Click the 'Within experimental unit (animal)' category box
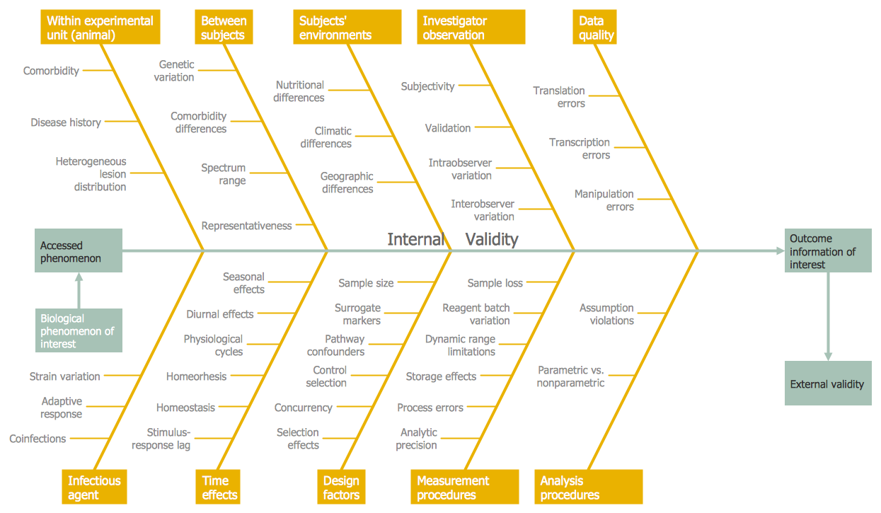click(100, 28)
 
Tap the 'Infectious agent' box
click(94, 488)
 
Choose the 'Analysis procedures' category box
click(588, 488)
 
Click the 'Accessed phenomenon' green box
click(79, 250)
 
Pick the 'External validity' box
click(827, 384)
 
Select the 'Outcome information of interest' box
click(827, 251)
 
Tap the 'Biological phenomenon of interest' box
click(79, 331)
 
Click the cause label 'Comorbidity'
click(51, 71)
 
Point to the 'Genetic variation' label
click(175, 71)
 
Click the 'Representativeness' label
click(246, 226)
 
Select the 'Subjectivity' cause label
click(427, 86)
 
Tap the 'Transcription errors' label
click(580, 149)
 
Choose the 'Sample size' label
click(366, 283)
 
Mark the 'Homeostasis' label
click(185, 408)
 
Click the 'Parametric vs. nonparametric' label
click(571, 376)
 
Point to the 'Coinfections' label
click(38, 439)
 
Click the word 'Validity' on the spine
click(492, 240)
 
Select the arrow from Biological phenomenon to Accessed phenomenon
click(79, 290)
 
